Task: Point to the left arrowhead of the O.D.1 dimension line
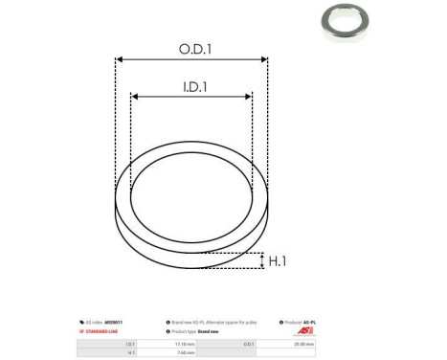(x=119, y=59)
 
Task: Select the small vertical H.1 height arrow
(x=261, y=260)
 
